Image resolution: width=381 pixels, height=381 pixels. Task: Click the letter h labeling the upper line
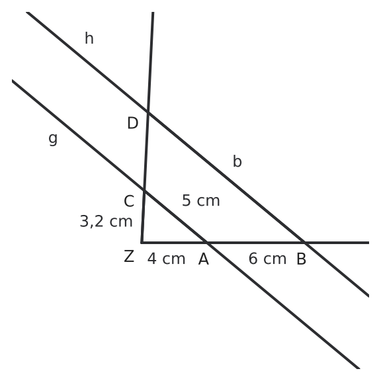(x=89, y=38)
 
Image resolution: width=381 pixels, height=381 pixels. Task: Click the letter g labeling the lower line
(x=53, y=139)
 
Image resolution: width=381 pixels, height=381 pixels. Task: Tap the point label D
(x=133, y=123)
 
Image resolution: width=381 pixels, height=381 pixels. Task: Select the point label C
(x=129, y=201)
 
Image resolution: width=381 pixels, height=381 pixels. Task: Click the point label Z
(x=129, y=256)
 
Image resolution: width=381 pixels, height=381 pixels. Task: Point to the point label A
(x=204, y=259)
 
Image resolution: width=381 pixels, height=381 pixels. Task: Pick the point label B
(x=302, y=259)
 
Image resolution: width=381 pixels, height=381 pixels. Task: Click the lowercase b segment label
(x=237, y=161)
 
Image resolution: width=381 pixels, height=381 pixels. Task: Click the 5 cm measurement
(x=201, y=200)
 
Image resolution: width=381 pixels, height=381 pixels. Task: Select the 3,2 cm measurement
(x=106, y=222)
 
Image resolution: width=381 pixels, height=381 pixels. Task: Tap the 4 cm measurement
(x=167, y=259)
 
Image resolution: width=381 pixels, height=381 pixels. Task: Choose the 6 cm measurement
(x=267, y=259)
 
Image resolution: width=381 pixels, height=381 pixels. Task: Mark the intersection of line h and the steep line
(x=148, y=112)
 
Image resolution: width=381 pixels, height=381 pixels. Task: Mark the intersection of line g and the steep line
(x=144, y=190)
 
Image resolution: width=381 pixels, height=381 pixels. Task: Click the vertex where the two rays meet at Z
(x=142, y=243)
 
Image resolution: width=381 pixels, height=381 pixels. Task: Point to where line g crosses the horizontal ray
(x=207, y=243)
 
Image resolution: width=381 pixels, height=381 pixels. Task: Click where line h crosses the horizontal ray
(x=305, y=243)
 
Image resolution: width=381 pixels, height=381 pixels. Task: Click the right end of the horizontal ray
(x=369, y=243)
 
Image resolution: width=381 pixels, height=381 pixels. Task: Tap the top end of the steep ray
(x=153, y=12)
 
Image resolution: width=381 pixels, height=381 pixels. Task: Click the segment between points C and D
(x=146, y=151)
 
